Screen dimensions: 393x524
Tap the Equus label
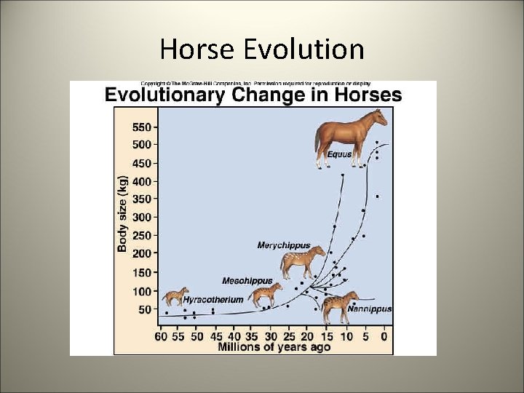click(339, 154)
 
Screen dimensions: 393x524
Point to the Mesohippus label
click(247, 280)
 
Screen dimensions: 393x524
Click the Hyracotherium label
click(213, 299)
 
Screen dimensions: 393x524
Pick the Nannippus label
click(369, 309)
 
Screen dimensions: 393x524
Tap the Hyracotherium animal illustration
click(175, 297)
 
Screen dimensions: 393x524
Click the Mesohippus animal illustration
click(265, 295)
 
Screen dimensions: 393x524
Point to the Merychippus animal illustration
click(303, 262)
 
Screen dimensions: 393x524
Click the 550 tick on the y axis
click(143, 126)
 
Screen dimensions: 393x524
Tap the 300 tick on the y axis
click(143, 217)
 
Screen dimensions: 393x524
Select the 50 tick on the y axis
click(146, 309)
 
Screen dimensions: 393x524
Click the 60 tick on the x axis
click(161, 336)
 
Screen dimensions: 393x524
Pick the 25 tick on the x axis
click(289, 336)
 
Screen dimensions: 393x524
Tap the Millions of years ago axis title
click(274, 347)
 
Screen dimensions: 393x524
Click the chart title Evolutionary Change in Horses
click(253, 95)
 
